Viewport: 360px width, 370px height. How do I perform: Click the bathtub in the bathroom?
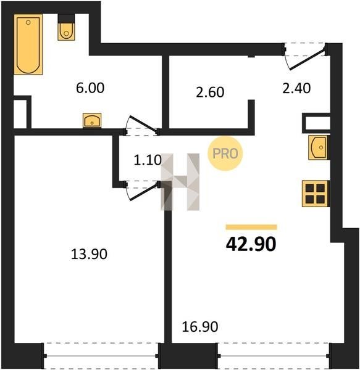pyautogui.click(x=28, y=44)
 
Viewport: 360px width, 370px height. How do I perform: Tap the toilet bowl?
pyautogui.click(x=66, y=31)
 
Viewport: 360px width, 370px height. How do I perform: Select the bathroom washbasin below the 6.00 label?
pyautogui.click(x=92, y=120)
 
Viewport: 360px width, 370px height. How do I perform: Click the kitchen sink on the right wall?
pyautogui.click(x=319, y=147)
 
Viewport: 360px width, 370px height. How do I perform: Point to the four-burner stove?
pyautogui.click(x=315, y=194)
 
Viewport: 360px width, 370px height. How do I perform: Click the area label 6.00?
pyautogui.click(x=90, y=88)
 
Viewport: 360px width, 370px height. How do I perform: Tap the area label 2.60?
pyautogui.click(x=210, y=92)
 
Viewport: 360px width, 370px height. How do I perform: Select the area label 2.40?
pyautogui.click(x=296, y=88)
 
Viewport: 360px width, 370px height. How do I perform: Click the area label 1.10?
pyautogui.click(x=148, y=160)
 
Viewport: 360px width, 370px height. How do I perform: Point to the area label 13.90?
pyautogui.click(x=89, y=254)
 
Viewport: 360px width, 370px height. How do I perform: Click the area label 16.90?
pyautogui.click(x=200, y=327)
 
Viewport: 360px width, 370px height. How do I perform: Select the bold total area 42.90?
pyautogui.click(x=251, y=244)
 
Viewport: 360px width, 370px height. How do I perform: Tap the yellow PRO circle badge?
pyautogui.click(x=225, y=154)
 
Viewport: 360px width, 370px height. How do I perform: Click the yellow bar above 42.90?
pyautogui.click(x=251, y=227)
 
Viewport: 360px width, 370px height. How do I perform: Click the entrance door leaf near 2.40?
pyautogui.click(x=308, y=59)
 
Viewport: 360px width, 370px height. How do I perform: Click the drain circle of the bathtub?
pyautogui.click(x=28, y=22)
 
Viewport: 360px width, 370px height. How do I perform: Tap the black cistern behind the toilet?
pyautogui.click(x=66, y=18)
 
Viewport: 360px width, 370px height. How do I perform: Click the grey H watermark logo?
pyautogui.click(x=180, y=182)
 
